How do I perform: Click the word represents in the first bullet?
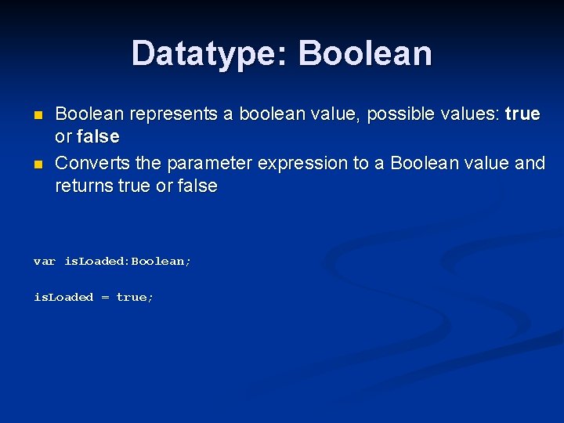pyautogui.click(x=173, y=114)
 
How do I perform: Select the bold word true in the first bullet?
pyautogui.click(x=522, y=114)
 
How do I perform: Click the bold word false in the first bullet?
pyautogui.click(x=98, y=137)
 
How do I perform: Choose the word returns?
pyautogui.click(x=82, y=186)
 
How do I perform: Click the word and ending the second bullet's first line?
pyautogui.click(x=530, y=164)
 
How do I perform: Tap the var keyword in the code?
pyautogui.click(x=44, y=261)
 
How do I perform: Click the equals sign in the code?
pyautogui.click(x=104, y=297)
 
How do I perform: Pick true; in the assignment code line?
pyautogui.click(x=135, y=297)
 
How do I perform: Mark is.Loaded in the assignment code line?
pyautogui.click(x=63, y=297)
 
